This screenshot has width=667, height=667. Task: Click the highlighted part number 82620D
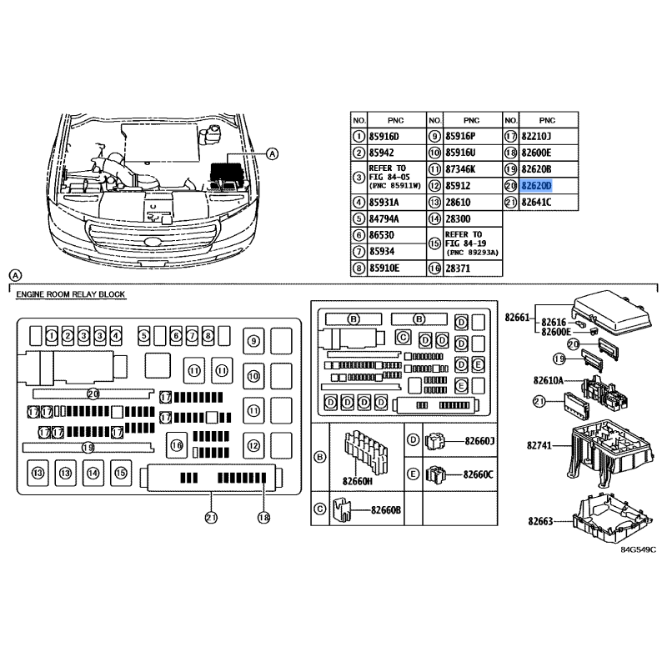(536, 185)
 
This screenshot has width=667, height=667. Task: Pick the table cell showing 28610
(459, 203)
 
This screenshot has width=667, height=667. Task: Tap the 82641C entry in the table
(536, 203)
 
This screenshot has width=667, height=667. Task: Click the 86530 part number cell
(381, 236)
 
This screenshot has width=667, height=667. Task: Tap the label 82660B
(387, 510)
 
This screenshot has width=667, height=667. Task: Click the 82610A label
(548, 381)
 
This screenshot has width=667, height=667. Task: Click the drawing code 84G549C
(638, 550)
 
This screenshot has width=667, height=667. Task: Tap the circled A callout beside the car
(273, 153)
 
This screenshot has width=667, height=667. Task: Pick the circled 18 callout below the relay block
(263, 518)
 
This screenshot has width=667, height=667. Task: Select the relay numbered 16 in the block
(176, 445)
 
